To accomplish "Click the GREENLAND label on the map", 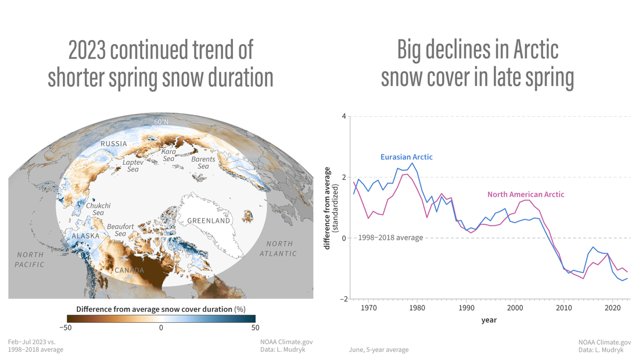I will [x=209, y=221].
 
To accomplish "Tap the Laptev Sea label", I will [x=133, y=165].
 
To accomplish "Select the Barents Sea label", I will [x=203, y=163].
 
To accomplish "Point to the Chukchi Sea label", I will [x=98, y=209].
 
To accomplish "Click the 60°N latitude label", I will [x=161, y=122].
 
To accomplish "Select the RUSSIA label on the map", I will [x=114, y=143].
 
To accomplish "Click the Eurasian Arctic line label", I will [x=406, y=157].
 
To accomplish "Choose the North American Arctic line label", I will [x=526, y=194].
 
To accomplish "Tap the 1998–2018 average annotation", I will [x=390, y=237].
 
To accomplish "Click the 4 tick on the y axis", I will [x=343, y=116].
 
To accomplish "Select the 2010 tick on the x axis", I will [x=563, y=308].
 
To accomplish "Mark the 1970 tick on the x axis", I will [x=368, y=308].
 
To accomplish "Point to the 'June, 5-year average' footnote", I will [x=379, y=350].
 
